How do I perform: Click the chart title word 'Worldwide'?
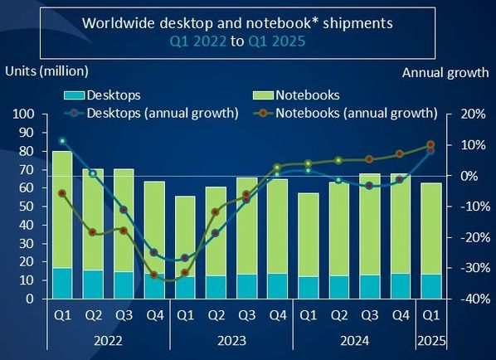(x=119, y=23)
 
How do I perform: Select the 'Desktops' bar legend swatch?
(x=75, y=95)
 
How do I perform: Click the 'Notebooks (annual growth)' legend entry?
(x=345, y=114)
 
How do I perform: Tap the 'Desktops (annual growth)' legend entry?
(x=151, y=114)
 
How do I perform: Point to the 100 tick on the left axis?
(x=23, y=114)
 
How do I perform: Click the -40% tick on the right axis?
(x=475, y=299)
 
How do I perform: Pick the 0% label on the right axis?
(x=469, y=176)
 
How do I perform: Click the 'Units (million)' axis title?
(x=46, y=71)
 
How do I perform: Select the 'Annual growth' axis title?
(x=445, y=73)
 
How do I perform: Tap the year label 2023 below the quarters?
(x=232, y=341)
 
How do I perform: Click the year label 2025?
(x=431, y=341)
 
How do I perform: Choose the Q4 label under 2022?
(x=155, y=315)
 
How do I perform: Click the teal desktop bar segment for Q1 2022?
(x=62, y=284)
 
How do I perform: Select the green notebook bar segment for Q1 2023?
(x=185, y=236)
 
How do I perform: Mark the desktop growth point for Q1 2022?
(x=62, y=141)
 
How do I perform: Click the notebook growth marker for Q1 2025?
(x=430, y=144)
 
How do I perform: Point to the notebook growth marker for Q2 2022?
(x=92, y=232)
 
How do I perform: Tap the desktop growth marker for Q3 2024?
(x=369, y=186)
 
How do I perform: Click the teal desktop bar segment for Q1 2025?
(x=431, y=287)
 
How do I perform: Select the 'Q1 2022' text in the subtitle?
(x=198, y=41)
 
